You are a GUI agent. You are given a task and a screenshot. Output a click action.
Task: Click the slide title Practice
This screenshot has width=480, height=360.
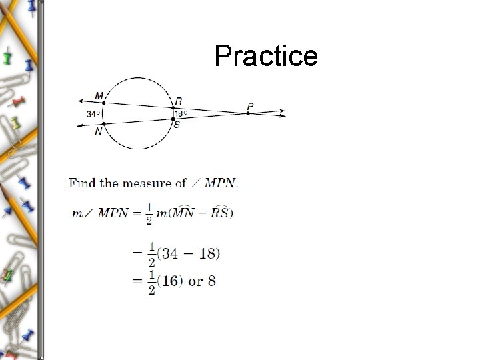click(266, 56)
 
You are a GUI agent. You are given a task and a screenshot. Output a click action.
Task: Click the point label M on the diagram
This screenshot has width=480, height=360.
click(99, 95)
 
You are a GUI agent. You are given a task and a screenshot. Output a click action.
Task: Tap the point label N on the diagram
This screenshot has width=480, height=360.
click(99, 131)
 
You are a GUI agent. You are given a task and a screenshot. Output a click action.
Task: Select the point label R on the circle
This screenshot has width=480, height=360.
click(178, 100)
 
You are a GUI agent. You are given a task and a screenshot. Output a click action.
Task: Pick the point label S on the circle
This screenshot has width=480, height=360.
click(177, 125)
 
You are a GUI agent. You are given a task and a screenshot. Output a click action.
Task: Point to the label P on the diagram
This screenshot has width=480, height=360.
click(250, 105)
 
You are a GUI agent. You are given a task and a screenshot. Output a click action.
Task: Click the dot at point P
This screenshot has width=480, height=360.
click(248, 113)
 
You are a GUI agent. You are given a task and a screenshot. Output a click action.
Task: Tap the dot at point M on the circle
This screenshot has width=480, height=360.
click(103, 103)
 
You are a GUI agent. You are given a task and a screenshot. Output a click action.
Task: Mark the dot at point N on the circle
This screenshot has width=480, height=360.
click(103, 123)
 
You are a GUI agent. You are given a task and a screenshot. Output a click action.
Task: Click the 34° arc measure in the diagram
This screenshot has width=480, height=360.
click(93, 113)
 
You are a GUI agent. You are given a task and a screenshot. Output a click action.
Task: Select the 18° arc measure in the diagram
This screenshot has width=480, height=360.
click(181, 113)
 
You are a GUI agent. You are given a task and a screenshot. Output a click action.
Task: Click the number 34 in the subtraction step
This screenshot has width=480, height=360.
click(169, 253)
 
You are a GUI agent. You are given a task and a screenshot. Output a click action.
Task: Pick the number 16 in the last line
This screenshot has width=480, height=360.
click(171, 281)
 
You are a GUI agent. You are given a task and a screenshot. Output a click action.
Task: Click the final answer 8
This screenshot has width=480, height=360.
click(212, 281)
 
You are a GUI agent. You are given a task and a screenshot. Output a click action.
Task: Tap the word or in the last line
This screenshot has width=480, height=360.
click(196, 281)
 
